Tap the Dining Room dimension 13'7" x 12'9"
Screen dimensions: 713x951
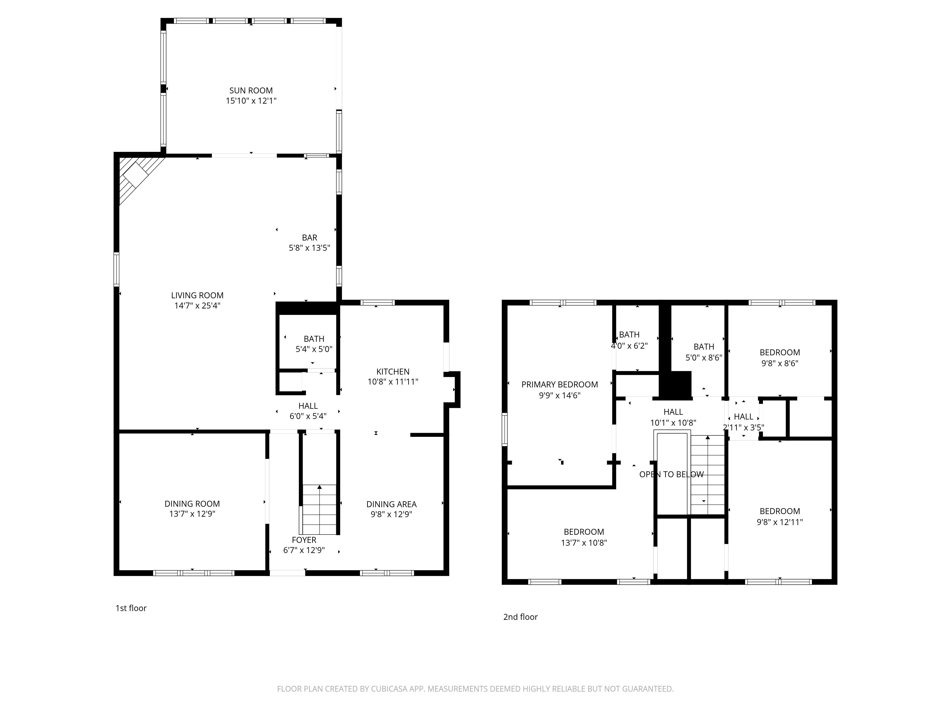click(x=192, y=514)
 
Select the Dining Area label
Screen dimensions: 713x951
click(x=391, y=504)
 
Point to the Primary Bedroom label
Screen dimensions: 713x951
click(x=559, y=385)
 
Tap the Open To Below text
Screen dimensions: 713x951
click(x=671, y=474)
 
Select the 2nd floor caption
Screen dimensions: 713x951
click(x=520, y=617)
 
